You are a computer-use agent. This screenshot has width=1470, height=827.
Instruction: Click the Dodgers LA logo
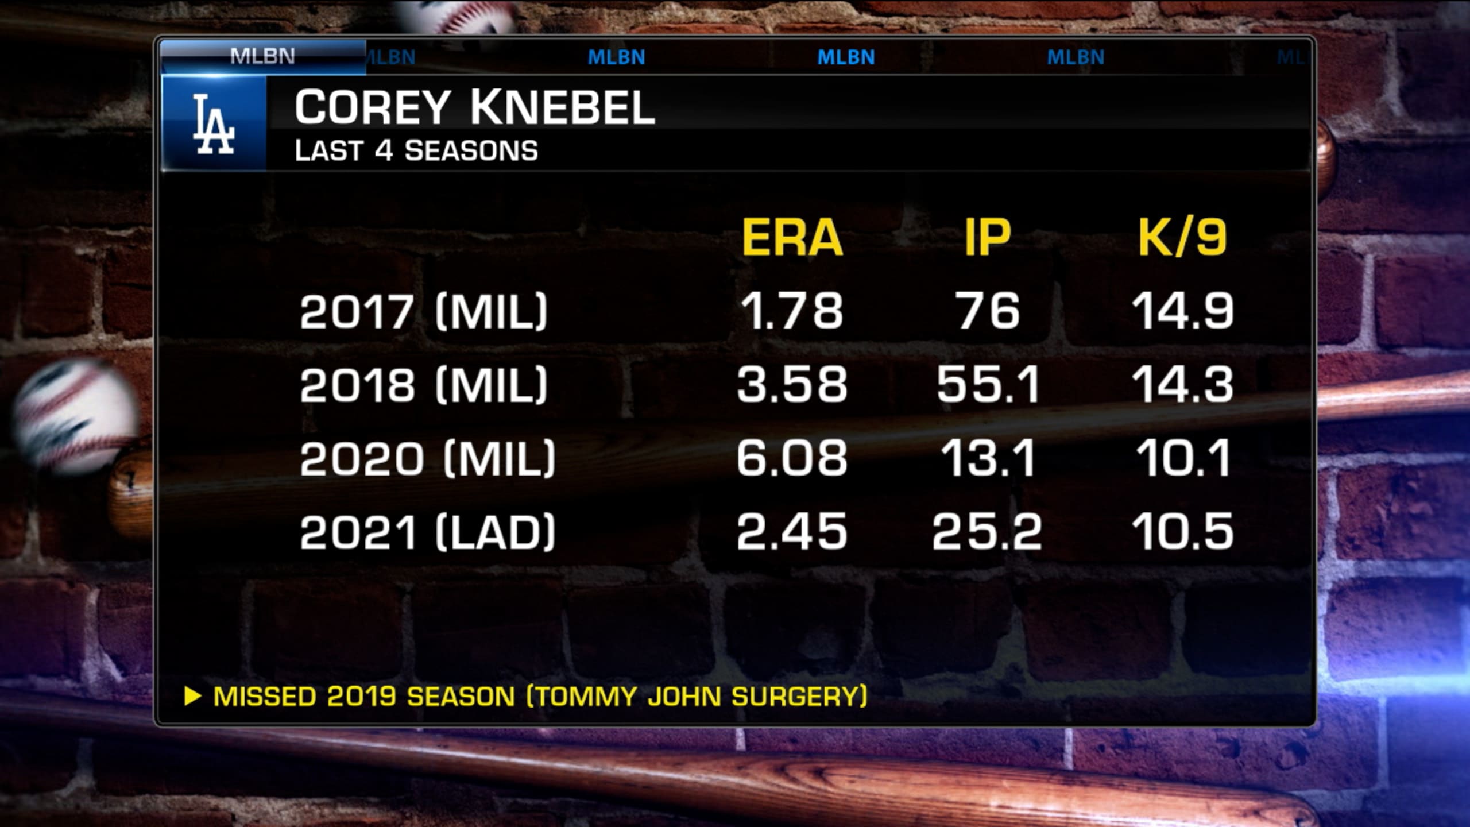point(214,125)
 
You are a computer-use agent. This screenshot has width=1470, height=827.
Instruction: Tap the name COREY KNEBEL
point(474,107)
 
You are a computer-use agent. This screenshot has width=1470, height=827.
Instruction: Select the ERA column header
point(792,238)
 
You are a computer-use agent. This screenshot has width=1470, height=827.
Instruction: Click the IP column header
point(987,238)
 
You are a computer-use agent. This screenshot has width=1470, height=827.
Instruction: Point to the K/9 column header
point(1183,238)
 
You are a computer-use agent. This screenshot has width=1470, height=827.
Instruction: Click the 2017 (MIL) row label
point(423,311)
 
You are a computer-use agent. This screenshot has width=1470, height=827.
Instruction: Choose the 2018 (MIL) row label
point(423,385)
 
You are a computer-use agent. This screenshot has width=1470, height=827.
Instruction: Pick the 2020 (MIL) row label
point(427,458)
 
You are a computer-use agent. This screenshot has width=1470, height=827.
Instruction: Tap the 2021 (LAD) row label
point(427,532)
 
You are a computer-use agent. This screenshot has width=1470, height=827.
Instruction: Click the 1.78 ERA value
point(792,311)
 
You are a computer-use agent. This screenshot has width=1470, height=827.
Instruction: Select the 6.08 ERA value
point(792,458)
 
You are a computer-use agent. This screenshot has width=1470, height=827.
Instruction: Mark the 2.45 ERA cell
point(792,532)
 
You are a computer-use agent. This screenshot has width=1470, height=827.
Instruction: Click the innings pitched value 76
point(988,311)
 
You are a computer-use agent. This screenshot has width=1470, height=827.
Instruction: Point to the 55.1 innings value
point(988,385)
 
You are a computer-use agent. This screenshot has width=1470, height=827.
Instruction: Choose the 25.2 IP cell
point(987,532)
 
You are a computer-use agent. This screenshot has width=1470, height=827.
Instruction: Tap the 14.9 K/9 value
point(1183,311)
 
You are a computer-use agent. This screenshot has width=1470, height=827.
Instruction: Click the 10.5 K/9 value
point(1183,532)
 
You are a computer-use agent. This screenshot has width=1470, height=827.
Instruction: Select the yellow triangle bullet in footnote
point(192,697)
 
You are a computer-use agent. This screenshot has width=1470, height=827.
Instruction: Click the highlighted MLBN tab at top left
point(263,57)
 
